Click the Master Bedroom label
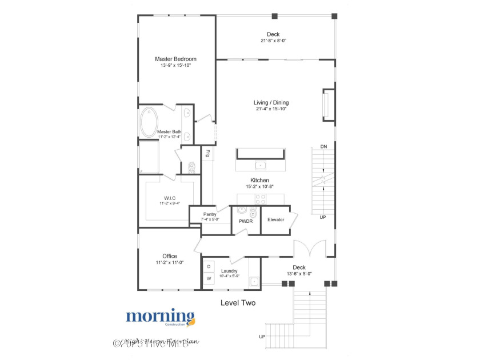(176, 59)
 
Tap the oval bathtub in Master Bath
(149, 122)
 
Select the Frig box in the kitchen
(208, 153)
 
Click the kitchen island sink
(261, 165)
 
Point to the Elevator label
(276, 219)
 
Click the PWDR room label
(246, 220)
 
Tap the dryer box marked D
(209, 267)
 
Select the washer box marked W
(209, 279)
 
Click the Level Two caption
(238, 303)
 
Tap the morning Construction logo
(161, 317)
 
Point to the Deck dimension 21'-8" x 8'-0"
(273, 41)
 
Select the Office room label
(170, 256)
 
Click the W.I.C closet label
(170, 198)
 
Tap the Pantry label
(210, 214)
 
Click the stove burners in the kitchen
(260, 199)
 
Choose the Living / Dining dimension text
(271, 109)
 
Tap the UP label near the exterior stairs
(262, 335)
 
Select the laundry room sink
(254, 281)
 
